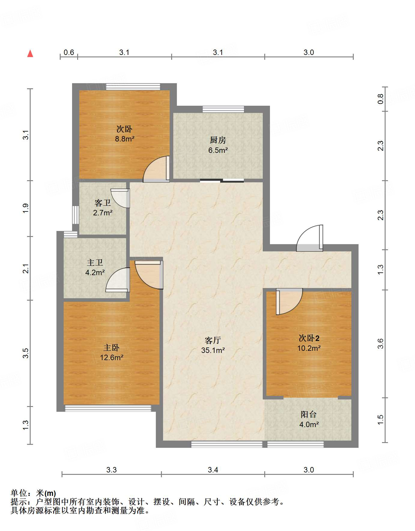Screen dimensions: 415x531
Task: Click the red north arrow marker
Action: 30,53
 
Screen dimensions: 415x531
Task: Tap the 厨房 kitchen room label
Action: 218,140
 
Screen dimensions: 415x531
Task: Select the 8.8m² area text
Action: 125,139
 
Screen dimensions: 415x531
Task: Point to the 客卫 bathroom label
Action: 102,203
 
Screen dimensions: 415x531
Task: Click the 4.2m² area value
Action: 95,273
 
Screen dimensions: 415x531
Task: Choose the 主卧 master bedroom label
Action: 111,347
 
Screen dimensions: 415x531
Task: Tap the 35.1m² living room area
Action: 213,350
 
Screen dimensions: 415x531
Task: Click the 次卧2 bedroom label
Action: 309,338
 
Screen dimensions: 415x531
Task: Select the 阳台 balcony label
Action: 309,414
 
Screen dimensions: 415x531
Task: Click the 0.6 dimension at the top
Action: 69,53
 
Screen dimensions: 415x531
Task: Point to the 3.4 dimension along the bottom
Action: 213,470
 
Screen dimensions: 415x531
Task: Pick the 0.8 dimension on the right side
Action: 380,99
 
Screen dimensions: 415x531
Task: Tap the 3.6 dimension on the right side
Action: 380,344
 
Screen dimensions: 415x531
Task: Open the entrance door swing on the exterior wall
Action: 310,238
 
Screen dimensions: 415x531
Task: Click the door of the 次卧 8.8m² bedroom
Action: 156,169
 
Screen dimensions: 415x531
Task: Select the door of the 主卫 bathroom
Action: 118,280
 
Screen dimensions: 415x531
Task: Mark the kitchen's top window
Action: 223,109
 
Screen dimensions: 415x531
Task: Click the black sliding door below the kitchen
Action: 222,181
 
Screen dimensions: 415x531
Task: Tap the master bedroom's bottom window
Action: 108,408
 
